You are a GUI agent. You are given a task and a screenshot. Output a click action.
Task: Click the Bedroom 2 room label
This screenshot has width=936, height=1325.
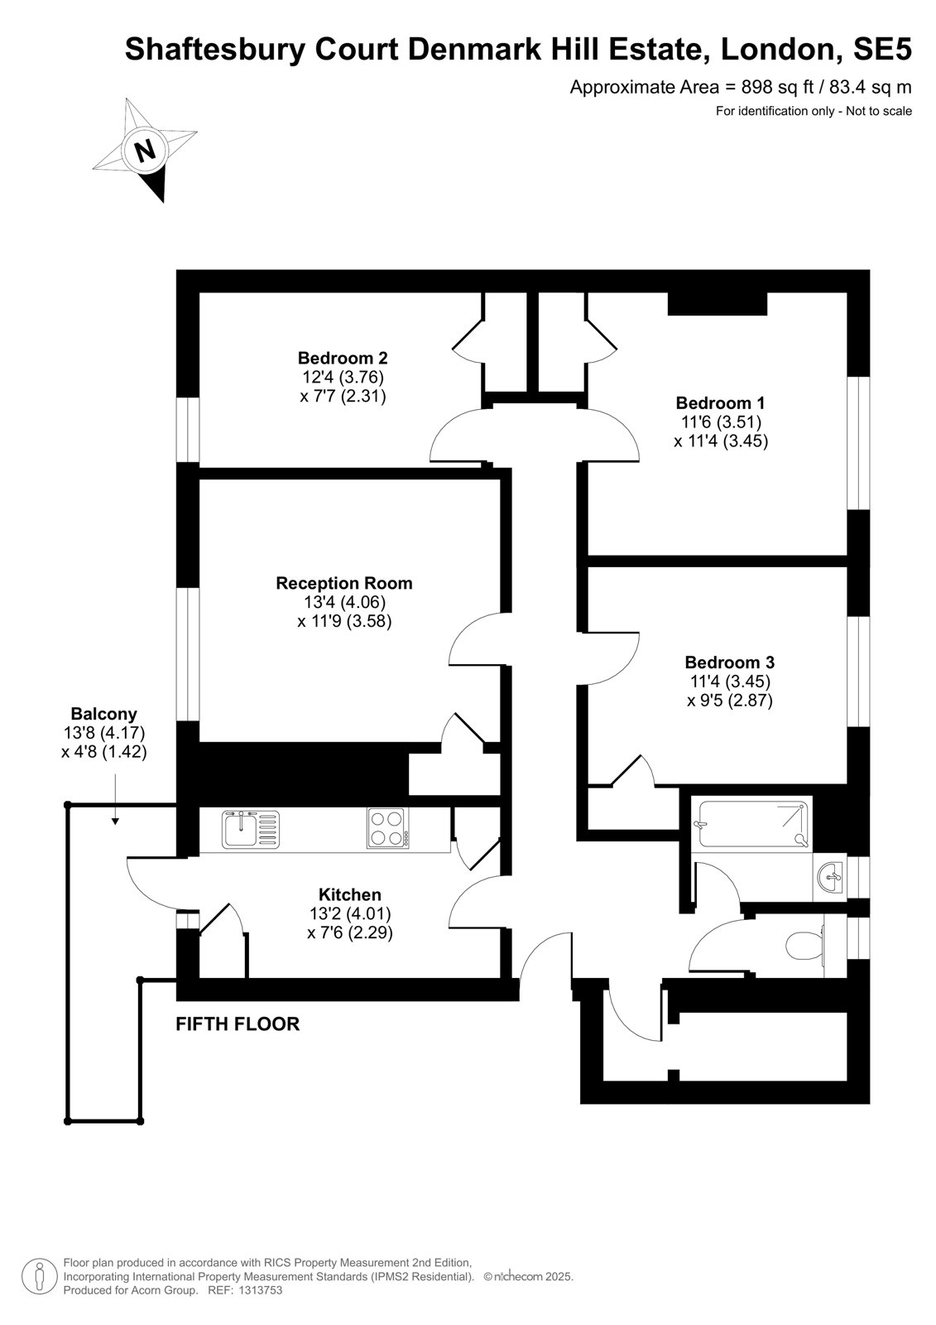[343, 359]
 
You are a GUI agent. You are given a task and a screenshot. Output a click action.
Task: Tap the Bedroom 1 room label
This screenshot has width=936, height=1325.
[720, 403]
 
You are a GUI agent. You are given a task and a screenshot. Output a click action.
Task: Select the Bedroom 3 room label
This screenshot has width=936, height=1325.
[730, 662]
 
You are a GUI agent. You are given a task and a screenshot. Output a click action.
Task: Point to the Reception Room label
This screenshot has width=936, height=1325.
[344, 583]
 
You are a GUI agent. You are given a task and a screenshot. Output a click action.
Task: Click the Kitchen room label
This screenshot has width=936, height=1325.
[350, 894]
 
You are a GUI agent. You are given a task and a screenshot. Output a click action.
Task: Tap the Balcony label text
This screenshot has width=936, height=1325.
[104, 714]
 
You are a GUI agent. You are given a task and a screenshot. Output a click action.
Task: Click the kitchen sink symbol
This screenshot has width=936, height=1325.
[251, 829]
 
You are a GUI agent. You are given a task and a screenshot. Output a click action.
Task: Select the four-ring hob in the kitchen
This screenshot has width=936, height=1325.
[388, 828]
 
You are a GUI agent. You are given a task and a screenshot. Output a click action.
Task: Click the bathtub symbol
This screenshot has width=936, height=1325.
[753, 825]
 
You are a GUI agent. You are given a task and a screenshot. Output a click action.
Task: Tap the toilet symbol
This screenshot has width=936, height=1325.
[807, 946]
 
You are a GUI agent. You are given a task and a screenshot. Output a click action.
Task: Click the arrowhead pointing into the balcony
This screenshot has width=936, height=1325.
[115, 821]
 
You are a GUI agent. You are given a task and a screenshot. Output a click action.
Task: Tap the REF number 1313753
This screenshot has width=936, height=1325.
[260, 1290]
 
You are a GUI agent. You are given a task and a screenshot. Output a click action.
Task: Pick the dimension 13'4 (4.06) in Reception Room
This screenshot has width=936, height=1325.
[345, 602]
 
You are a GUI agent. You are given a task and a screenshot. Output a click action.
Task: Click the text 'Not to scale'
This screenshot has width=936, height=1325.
[879, 111]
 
